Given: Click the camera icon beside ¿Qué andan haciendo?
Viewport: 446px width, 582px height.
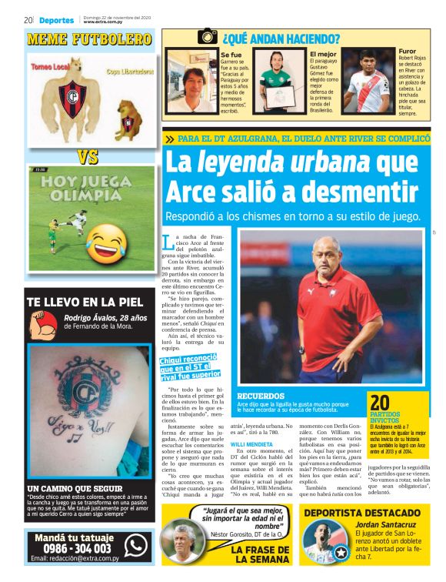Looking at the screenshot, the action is [208, 36].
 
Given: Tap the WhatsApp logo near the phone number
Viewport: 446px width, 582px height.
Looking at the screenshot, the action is [135, 544].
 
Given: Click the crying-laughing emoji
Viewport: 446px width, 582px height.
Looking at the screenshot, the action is [106, 242].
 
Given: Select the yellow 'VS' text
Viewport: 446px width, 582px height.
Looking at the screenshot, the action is [88, 157].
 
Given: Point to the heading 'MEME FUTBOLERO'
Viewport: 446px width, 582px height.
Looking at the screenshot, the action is [89, 38].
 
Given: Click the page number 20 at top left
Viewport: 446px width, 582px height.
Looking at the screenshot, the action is [28, 20].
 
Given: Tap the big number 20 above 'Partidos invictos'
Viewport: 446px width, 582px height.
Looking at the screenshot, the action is [380, 403].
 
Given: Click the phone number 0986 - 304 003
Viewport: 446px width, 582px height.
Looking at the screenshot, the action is [72, 547].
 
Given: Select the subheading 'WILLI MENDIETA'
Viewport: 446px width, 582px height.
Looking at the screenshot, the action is [253, 445].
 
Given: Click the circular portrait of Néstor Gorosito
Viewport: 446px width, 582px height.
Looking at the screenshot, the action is [182, 542].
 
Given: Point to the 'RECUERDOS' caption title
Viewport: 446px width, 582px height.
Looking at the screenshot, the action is [260, 396].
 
